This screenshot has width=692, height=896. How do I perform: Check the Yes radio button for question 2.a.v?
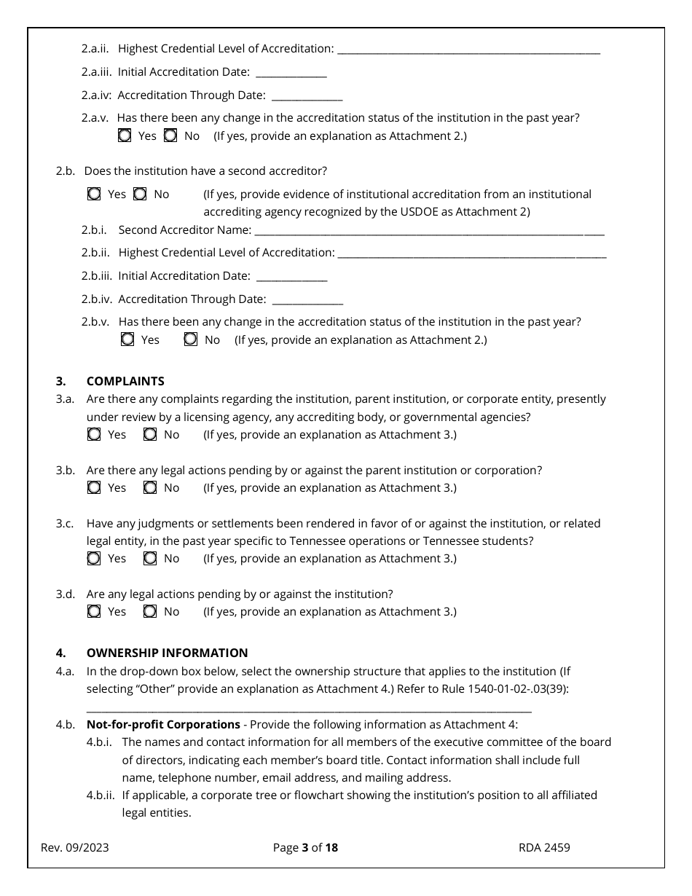pos(125,135)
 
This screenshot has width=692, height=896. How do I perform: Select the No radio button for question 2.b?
pos(140,194)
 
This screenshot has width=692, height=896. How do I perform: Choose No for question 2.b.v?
pos(191,339)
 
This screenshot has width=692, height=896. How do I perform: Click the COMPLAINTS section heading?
pos(125,381)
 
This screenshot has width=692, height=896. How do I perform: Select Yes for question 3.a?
pos(94,434)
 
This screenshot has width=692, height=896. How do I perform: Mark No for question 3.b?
pos(150,487)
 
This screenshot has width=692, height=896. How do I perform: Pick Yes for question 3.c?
pos(94,558)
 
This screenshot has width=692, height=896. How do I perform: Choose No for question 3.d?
pos(150,611)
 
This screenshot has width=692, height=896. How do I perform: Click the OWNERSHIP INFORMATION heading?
pos(167,653)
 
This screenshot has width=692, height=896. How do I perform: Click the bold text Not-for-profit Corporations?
pos(163,724)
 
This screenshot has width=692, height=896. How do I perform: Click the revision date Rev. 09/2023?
pos(75,847)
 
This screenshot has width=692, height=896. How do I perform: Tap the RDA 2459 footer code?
pos(544,847)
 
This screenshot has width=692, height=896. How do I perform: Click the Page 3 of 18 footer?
pos(305,847)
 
